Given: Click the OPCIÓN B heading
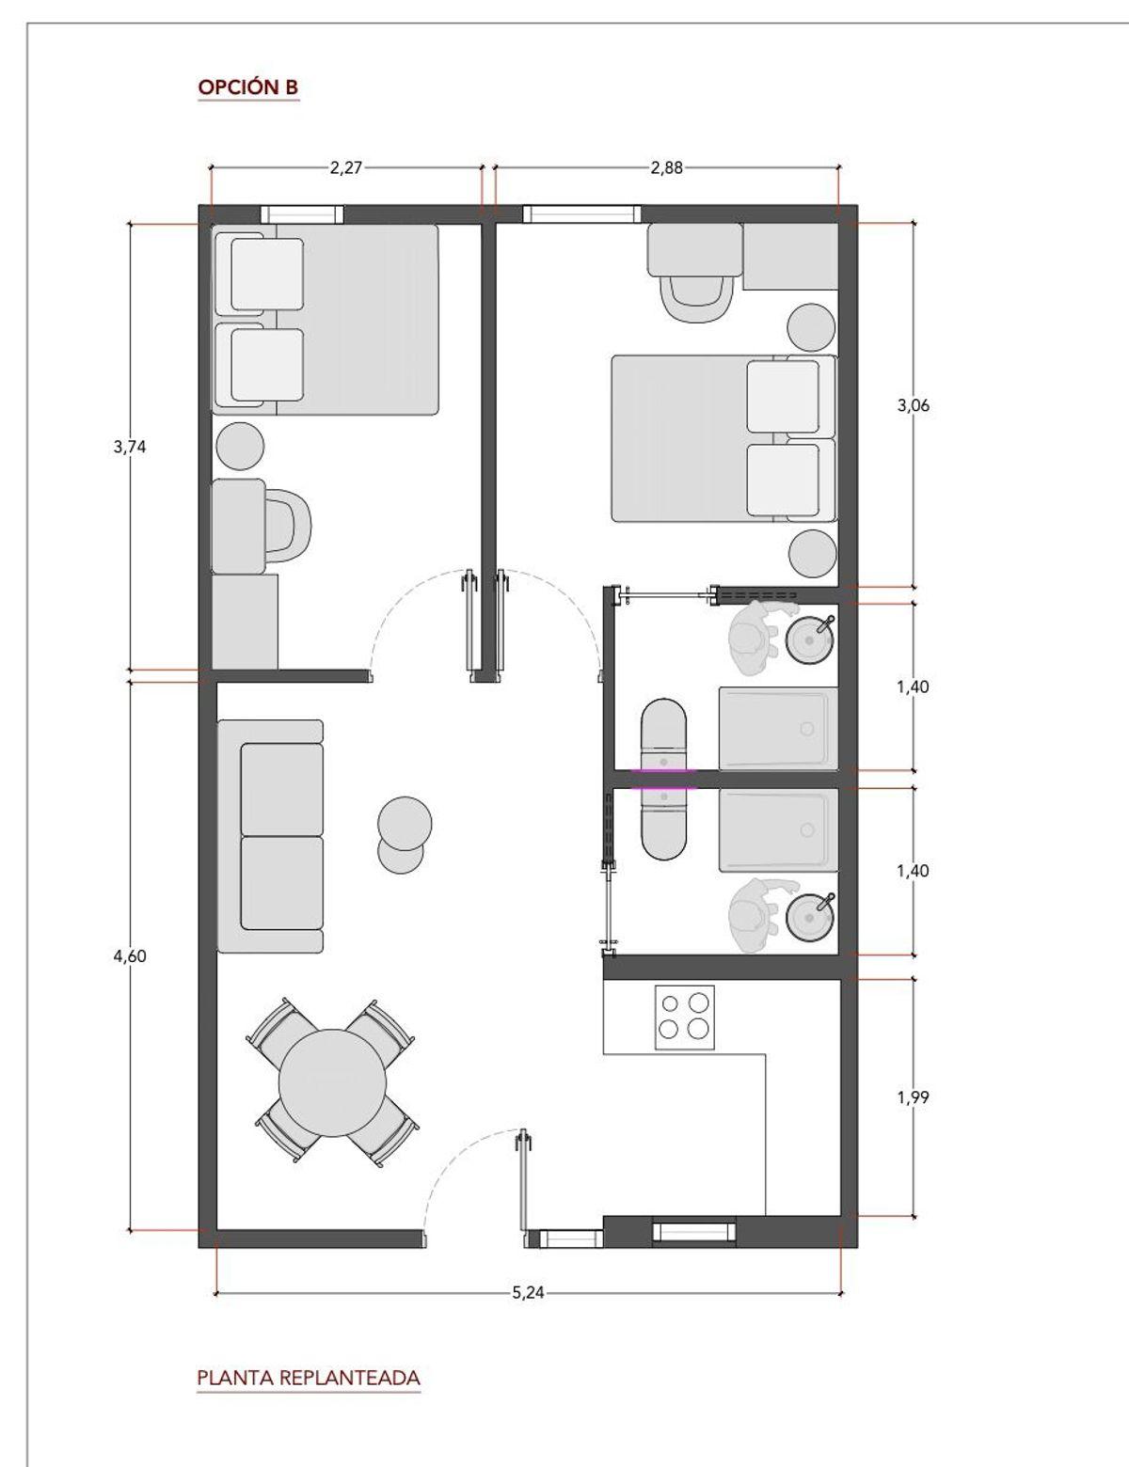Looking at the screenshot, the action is point(247,87).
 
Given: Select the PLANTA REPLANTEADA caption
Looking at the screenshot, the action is point(309,1378).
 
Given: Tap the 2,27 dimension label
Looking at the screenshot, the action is point(345,167).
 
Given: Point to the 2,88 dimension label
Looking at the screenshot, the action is point(666,167).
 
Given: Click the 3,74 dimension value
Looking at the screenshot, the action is point(130,447).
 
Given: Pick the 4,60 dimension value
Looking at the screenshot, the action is point(130,955).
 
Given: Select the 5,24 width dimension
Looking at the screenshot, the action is point(528,1293).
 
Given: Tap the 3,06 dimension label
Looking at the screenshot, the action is point(913,405).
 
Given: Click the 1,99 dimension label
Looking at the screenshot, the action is point(913,1097).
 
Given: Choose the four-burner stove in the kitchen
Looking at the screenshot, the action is point(684,1017).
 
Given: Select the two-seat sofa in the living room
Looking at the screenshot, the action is point(270,836).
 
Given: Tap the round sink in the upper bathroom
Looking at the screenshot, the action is point(810,639).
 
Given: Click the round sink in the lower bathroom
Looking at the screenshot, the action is point(810,917).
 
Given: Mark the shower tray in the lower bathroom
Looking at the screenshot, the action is point(779,830).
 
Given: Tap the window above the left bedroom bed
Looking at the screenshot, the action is point(302,214).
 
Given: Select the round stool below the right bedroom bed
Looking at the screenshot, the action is point(813,554).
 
